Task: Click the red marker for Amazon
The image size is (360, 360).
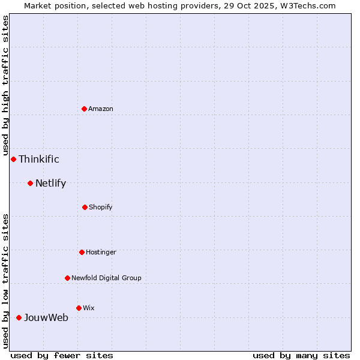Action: click(x=85, y=109)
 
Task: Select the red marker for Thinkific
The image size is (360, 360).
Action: click(x=13, y=159)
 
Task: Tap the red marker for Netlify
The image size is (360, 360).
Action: click(x=30, y=183)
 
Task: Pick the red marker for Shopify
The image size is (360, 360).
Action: click(x=85, y=207)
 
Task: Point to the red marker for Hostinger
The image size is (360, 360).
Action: click(x=82, y=252)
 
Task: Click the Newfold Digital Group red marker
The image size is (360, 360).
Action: click(x=67, y=278)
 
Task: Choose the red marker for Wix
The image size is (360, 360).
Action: click(x=79, y=308)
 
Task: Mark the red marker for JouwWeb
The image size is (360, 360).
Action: click(x=19, y=317)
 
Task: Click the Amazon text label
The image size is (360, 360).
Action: click(x=101, y=109)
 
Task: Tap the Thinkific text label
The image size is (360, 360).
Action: click(x=39, y=159)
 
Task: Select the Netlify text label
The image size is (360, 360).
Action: click(x=50, y=183)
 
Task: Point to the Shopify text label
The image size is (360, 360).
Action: click(x=101, y=207)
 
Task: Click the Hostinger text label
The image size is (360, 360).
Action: click(x=101, y=252)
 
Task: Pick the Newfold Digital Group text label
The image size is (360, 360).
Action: click(x=106, y=278)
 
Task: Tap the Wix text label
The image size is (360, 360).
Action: click(x=89, y=308)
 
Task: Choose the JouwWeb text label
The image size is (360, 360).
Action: click(x=46, y=317)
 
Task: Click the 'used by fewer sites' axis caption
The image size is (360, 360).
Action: click(x=62, y=355)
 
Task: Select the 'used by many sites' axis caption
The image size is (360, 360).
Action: click(x=301, y=355)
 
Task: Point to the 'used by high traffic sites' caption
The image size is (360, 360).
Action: click(x=5, y=85)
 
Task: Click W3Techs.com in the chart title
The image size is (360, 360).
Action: click(x=306, y=5)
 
